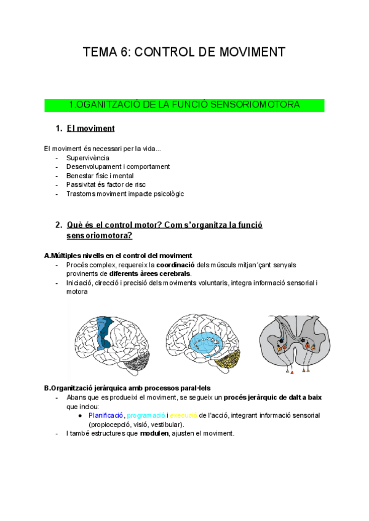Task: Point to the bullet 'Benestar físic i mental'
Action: [100, 176]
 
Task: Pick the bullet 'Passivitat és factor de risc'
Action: [105, 184]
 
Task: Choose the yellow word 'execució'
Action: [184, 415]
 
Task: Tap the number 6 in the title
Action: [121, 53]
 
